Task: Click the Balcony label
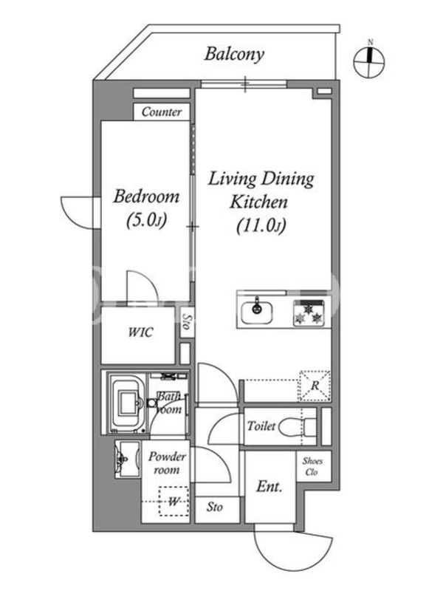[234, 54]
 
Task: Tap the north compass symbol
[369, 61]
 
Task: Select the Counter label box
[162, 112]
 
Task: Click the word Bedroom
[146, 197]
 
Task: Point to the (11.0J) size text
[261, 226]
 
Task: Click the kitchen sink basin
[257, 312]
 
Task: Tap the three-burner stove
[309, 312]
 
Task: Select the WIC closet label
[140, 332]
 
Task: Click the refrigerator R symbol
[315, 386]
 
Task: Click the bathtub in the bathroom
[128, 403]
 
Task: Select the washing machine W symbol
[174, 502]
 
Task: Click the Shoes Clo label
[312, 466]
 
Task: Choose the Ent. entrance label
[269, 487]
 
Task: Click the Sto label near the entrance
[214, 507]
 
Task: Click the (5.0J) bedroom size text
[146, 220]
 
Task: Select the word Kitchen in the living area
[258, 202]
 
